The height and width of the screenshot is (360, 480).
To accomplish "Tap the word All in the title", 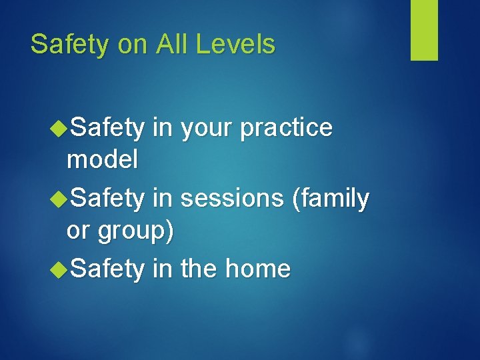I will click(173, 45).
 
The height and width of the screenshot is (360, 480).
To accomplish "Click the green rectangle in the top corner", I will click(424, 29).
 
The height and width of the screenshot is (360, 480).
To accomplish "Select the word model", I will click(102, 159).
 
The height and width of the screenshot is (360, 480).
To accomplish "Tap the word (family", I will click(327, 199).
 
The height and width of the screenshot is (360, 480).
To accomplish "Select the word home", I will click(258, 269).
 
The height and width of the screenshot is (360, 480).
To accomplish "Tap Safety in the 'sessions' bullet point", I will click(107, 199).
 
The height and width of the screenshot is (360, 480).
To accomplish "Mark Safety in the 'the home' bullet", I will click(107, 269).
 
